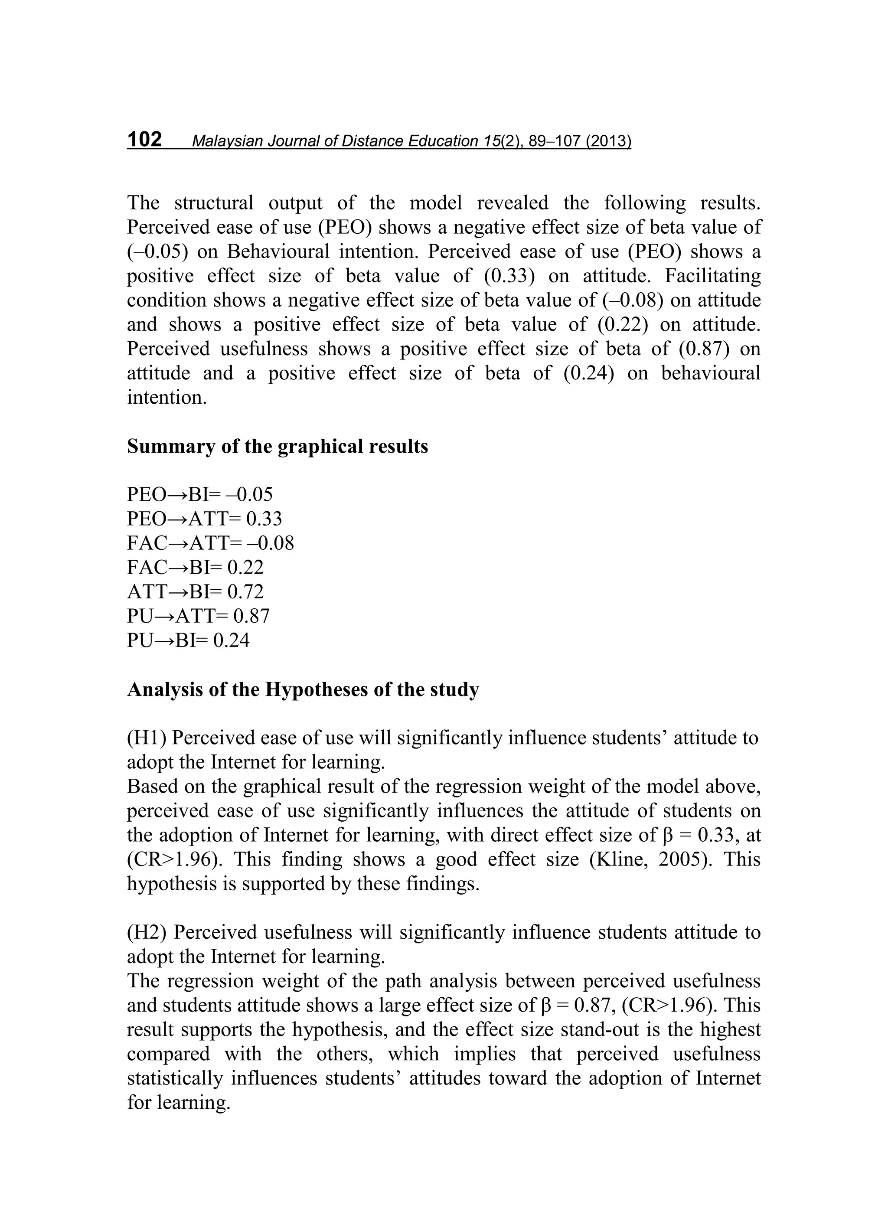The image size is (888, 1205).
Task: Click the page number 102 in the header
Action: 144,140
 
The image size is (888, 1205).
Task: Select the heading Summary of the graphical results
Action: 277,447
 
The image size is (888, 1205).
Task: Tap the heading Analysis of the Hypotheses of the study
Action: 303,689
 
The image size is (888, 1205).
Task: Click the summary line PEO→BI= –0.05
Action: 199,494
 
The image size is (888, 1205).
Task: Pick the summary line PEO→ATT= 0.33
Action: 204,519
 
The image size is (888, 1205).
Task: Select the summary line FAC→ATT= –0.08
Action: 210,543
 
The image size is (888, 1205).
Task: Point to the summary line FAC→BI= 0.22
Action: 195,567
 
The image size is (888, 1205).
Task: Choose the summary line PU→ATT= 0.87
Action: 198,616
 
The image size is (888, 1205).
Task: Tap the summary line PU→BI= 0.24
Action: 188,640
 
